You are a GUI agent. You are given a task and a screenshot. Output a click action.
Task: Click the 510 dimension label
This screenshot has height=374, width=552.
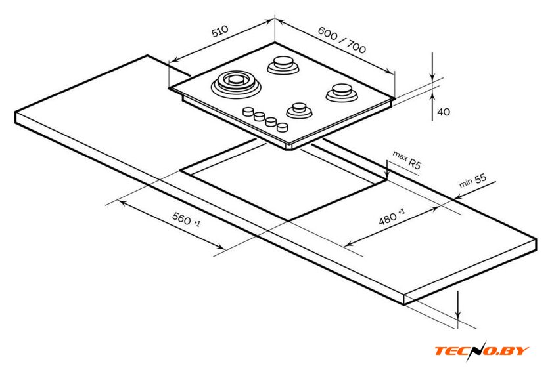point(219,31)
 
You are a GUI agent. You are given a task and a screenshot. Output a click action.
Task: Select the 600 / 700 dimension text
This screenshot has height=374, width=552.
point(342,39)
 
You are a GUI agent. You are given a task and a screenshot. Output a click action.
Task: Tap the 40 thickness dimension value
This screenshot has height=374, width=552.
point(444,112)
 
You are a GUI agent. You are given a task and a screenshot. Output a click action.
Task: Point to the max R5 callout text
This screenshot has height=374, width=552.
point(407,160)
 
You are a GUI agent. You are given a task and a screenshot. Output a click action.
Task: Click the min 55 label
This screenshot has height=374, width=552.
point(472,180)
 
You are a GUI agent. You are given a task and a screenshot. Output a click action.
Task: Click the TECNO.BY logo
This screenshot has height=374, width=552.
point(482,350)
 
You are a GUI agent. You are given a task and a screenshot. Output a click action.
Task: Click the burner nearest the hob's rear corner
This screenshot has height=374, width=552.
point(283,65)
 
